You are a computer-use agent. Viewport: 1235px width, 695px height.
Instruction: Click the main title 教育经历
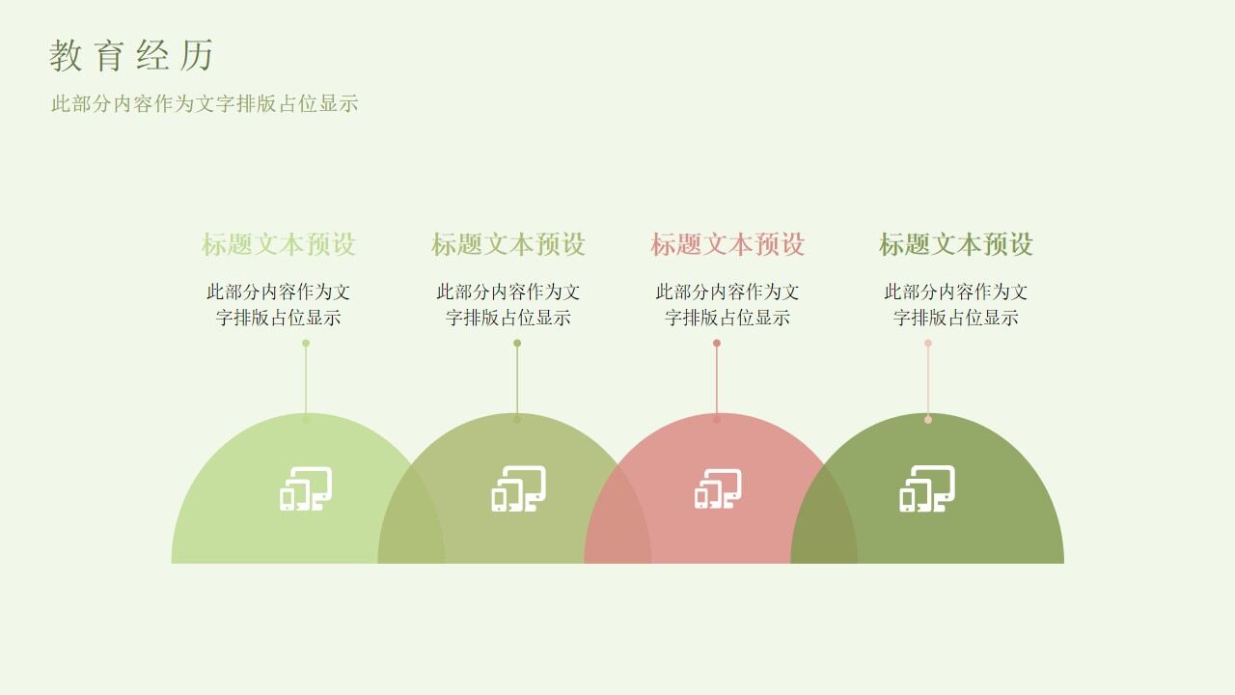131,56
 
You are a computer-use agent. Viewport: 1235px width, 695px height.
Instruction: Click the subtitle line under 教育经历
205,104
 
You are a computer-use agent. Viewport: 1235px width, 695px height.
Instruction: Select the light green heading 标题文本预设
279,244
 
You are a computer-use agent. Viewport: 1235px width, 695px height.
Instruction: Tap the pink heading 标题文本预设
727,244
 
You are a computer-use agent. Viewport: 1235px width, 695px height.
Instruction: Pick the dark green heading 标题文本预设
956,244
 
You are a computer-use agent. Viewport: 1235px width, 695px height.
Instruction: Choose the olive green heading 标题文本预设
508,244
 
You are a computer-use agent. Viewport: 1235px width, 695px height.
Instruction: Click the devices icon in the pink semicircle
718,489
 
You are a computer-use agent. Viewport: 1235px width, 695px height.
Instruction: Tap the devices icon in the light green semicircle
306,488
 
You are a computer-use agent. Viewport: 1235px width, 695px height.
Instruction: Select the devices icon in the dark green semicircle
927,488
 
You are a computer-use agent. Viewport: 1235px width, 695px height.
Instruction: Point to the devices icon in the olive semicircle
518,488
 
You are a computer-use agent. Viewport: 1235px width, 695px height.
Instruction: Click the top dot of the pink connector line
717,343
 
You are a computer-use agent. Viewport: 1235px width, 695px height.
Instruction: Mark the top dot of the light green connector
306,343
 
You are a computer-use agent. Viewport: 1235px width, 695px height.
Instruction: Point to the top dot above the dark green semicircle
928,343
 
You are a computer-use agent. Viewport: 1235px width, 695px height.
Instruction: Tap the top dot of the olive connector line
517,343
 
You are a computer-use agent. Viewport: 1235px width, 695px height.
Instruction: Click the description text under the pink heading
727,304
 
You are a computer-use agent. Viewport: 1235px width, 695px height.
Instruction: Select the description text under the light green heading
279,304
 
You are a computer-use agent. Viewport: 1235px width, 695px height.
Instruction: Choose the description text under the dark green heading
956,304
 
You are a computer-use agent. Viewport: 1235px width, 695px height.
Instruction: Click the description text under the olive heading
508,304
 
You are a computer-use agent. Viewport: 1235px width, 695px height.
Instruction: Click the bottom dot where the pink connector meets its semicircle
717,419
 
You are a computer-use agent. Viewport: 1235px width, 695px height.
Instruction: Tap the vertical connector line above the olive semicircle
517,381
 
